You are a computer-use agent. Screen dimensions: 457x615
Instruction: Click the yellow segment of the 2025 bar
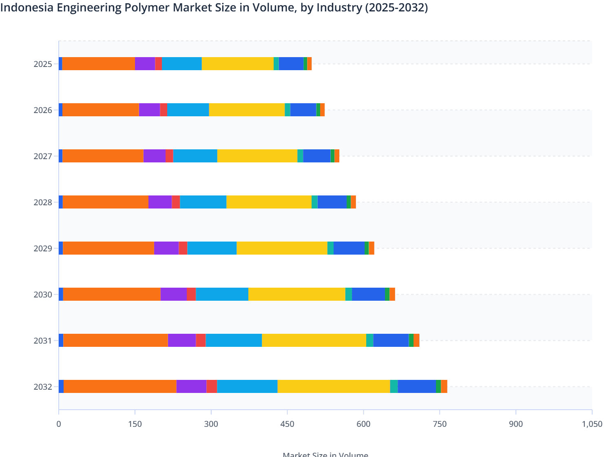pyautogui.click(x=238, y=64)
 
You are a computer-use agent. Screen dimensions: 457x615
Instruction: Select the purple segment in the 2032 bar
pyautogui.click(x=191, y=386)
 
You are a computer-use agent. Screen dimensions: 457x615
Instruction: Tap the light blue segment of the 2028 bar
pyautogui.click(x=203, y=202)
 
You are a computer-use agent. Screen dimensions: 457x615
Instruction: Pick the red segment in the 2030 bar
pyautogui.click(x=191, y=294)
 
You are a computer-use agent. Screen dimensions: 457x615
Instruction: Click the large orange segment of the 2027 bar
pyautogui.click(x=103, y=156)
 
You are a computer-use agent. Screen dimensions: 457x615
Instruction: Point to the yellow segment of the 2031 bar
pyautogui.click(x=314, y=340)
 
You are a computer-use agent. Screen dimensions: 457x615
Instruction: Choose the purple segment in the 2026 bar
pyautogui.click(x=149, y=110)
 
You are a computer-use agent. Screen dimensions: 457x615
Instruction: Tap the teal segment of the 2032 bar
pyautogui.click(x=394, y=386)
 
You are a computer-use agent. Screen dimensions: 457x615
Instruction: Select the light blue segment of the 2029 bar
pyautogui.click(x=212, y=248)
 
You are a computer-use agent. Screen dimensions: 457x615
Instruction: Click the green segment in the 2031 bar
pyautogui.click(x=411, y=340)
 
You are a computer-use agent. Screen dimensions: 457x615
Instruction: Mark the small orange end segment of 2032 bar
pyautogui.click(x=444, y=386)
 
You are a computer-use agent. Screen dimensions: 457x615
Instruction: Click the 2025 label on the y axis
pyautogui.click(x=43, y=64)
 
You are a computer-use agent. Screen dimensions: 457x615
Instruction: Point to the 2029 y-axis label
pyautogui.click(x=43, y=248)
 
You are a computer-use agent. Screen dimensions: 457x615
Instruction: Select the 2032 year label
pyautogui.click(x=43, y=387)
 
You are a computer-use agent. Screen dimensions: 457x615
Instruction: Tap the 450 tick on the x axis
pyautogui.click(x=287, y=424)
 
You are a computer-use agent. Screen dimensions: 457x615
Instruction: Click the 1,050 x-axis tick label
pyautogui.click(x=592, y=424)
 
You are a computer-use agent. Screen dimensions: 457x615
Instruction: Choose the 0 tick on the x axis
pyautogui.click(x=59, y=424)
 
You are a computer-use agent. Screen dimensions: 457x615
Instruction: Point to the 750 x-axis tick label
pyautogui.click(x=440, y=424)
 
